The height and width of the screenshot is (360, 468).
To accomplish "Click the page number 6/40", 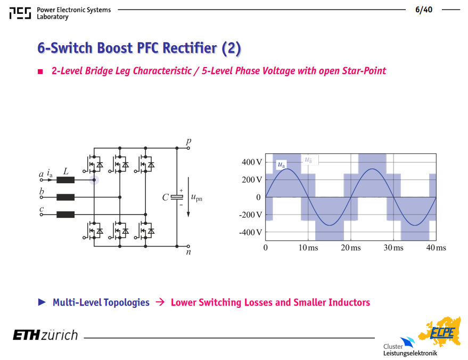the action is tap(423, 10).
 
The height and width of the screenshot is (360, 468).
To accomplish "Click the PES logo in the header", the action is tap(20, 13).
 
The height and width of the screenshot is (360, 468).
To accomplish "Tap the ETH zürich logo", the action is tap(45, 335).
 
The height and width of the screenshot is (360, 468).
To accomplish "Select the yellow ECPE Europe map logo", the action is tap(439, 332).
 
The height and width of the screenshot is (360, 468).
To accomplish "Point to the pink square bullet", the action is tap(40, 71).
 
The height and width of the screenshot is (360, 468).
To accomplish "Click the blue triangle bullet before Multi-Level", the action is tap(42, 302).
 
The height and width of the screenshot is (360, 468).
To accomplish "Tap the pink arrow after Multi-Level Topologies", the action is tap(160, 302).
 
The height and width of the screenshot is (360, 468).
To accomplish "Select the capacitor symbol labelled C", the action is tap(177, 197).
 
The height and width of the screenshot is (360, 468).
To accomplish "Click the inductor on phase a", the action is tap(65, 180).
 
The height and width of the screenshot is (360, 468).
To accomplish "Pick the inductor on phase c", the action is tap(65, 214).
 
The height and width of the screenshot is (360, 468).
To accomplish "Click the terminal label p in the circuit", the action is tap(188, 141).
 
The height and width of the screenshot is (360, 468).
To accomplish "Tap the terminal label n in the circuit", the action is tap(188, 252).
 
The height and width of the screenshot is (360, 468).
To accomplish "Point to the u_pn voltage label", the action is tap(196, 198).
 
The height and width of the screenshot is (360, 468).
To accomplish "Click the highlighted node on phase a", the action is tap(94, 180).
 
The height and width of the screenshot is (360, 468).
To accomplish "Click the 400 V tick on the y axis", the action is tap(252, 162).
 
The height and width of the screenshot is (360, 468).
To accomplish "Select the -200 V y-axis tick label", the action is tap(250, 215).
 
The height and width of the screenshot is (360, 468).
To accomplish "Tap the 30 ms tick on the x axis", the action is tap(393, 248).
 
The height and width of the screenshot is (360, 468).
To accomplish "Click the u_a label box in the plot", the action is tap(282, 165).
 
